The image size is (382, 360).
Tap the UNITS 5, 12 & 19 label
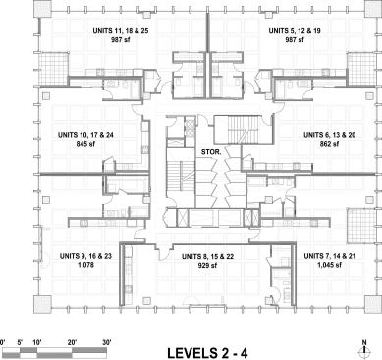pos(295,31)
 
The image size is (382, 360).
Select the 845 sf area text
pos(85,143)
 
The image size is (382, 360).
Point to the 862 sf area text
pos(329,143)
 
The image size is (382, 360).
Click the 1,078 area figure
pos(85,265)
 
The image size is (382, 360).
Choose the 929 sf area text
pos(207,265)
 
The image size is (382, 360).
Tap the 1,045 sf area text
pos(329,265)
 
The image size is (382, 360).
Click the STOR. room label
pos(211,152)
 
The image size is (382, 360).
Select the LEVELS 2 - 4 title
pos(207,353)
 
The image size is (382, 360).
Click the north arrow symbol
pos(364,348)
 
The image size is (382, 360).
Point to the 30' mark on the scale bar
pos(107,343)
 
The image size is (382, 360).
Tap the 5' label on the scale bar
pos(21,343)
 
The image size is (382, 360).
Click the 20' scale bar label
pos(72,343)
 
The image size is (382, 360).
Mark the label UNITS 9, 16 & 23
pos(85,256)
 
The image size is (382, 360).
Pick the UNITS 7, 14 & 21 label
pos(329,256)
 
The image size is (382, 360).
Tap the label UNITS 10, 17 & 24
pos(85,135)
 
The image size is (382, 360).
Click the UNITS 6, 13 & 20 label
pos(329,135)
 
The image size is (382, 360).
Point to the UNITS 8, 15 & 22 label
pos(207,257)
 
